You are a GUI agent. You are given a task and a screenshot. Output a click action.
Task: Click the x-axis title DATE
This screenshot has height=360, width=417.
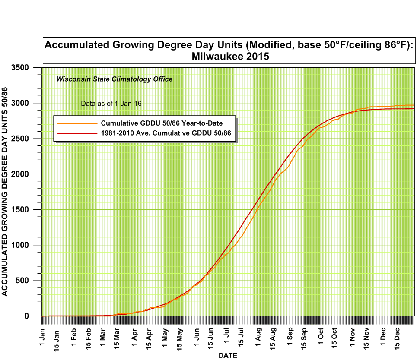(x=227, y=355)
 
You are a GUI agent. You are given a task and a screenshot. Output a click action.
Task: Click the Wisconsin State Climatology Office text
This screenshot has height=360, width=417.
(x=115, y=79)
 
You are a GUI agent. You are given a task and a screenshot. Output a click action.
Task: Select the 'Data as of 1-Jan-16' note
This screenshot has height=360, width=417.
(x=111, y=104)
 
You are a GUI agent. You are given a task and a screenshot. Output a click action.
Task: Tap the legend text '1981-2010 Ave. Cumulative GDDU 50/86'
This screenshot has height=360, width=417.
(x=168, y=133)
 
